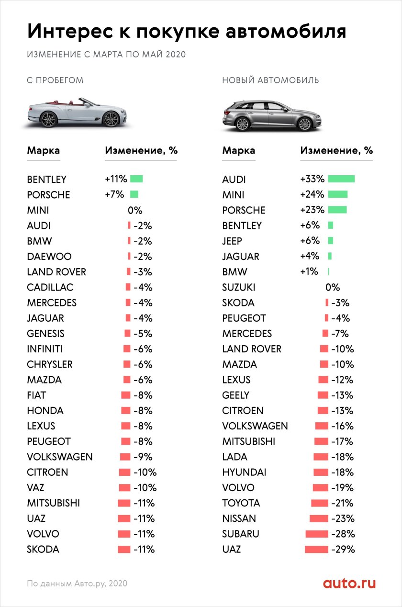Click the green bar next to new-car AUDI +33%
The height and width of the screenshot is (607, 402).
(x=341, y=179)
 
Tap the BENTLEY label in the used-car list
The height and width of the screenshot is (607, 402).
(x=47, y=180)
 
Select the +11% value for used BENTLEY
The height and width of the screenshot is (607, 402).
(x=116, y=180)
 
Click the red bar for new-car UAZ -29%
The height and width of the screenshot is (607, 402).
(x=316, y=549)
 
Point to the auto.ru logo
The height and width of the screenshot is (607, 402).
(x=349, y=583)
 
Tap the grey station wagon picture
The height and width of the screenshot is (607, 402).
(x=271, y=115)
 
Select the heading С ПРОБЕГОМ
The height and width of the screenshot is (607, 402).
(x=55, y=80)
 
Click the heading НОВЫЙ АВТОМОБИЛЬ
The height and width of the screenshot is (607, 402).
(x=270, y=80)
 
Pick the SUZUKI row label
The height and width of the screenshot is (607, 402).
(x=239, y=287)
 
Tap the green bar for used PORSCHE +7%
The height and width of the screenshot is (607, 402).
(x=134, y=195)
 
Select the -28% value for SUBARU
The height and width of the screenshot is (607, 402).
(x=343, y=534)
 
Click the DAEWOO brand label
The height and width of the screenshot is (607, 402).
(x=49, y=257)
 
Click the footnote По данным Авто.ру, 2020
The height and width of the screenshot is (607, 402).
(x=77, y=584)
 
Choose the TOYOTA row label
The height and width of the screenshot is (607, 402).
(x=241, y=503)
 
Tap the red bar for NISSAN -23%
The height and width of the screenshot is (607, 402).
(x=319, y=518)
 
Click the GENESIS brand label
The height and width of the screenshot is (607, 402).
(x=46, y=334)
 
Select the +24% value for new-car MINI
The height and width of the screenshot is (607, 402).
(x=312, y=195)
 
